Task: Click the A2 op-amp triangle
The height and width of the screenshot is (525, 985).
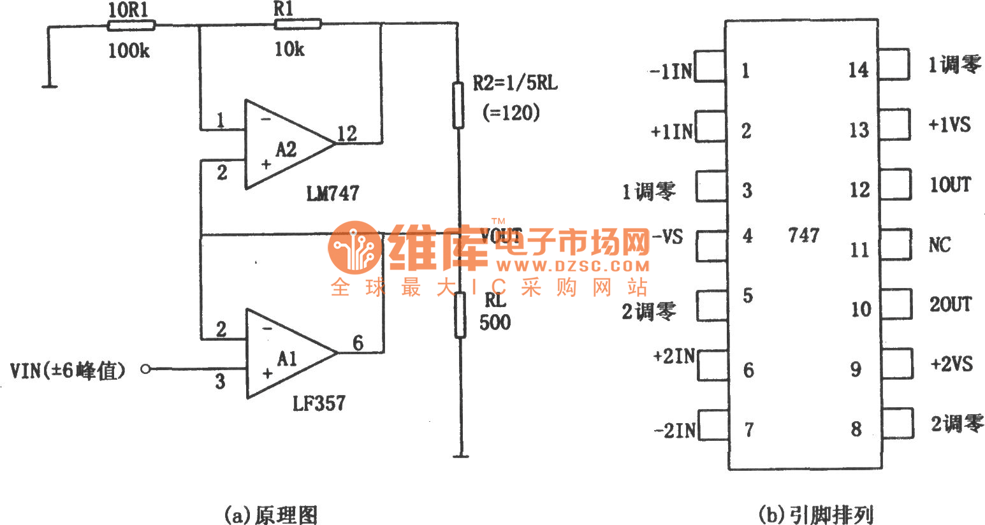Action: (284, 145)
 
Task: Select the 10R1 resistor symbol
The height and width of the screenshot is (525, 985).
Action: (130, 25)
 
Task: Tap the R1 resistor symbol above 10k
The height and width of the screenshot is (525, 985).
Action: (297, 24)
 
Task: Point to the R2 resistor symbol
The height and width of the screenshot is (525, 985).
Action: (458, 105)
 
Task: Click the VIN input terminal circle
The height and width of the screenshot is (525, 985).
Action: (145, 369)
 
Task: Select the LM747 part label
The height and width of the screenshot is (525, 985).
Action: (332, 193)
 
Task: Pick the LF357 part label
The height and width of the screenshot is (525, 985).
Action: (319, 403)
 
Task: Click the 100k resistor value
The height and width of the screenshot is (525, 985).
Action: (128, 51)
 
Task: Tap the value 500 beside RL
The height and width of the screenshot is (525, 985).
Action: (495, 322)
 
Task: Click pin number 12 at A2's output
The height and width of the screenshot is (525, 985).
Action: (347, 134)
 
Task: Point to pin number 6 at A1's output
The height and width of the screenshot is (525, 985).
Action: (358, 343)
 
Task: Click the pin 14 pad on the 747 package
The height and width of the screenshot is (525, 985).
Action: (894, 64)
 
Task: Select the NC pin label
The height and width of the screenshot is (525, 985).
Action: (939, 245)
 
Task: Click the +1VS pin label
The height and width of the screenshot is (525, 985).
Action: (949, 125)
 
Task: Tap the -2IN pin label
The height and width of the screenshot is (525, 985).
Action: (675, 431)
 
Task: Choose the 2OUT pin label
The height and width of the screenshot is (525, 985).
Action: (950, 305)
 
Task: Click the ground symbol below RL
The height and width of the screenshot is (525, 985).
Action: (460, 455)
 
